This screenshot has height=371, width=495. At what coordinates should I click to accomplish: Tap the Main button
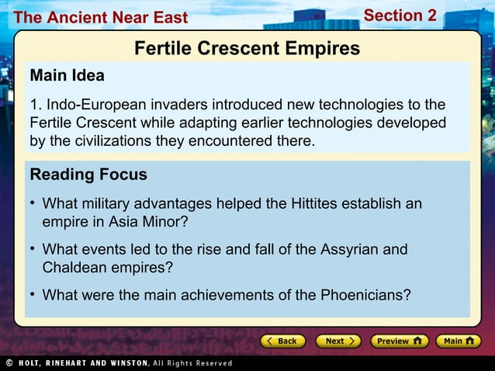[x=458, y=341]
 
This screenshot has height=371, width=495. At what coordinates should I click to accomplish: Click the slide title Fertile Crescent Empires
[x=247, y=49]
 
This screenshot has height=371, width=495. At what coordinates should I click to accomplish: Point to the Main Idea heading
[x=67, y=76]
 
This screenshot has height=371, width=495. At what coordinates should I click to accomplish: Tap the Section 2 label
[x=400, y=16]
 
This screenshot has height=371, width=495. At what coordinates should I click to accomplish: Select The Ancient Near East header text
[x=101, y=17]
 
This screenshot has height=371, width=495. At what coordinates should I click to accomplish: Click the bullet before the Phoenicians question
[x=33, y=294]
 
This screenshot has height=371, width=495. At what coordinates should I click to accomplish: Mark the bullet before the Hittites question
[x=33, y=203]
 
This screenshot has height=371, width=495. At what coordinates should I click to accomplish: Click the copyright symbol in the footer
[x=9, y=362]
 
